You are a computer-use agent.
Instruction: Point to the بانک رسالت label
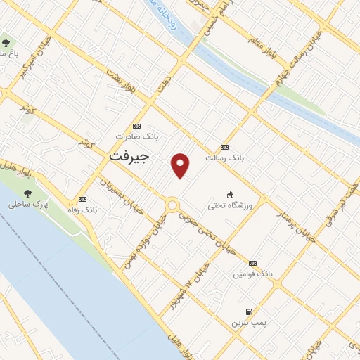tap(224, 158)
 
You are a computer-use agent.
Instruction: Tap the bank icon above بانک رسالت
tap(224, 147)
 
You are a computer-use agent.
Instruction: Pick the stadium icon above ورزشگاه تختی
tap(230, 194)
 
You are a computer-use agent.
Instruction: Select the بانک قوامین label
tap(252, 274)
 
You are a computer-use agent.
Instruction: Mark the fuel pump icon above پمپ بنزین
tap(248, 311)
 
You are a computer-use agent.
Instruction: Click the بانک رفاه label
tap(84, 210)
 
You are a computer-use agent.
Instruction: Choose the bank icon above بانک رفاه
tap(83, 199)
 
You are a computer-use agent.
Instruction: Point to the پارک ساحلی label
tap(27, 205)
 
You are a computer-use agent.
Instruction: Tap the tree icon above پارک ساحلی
tap(27, 193)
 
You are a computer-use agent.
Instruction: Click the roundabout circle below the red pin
tap(172, 205)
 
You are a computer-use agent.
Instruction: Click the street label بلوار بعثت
tap(120, 82)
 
